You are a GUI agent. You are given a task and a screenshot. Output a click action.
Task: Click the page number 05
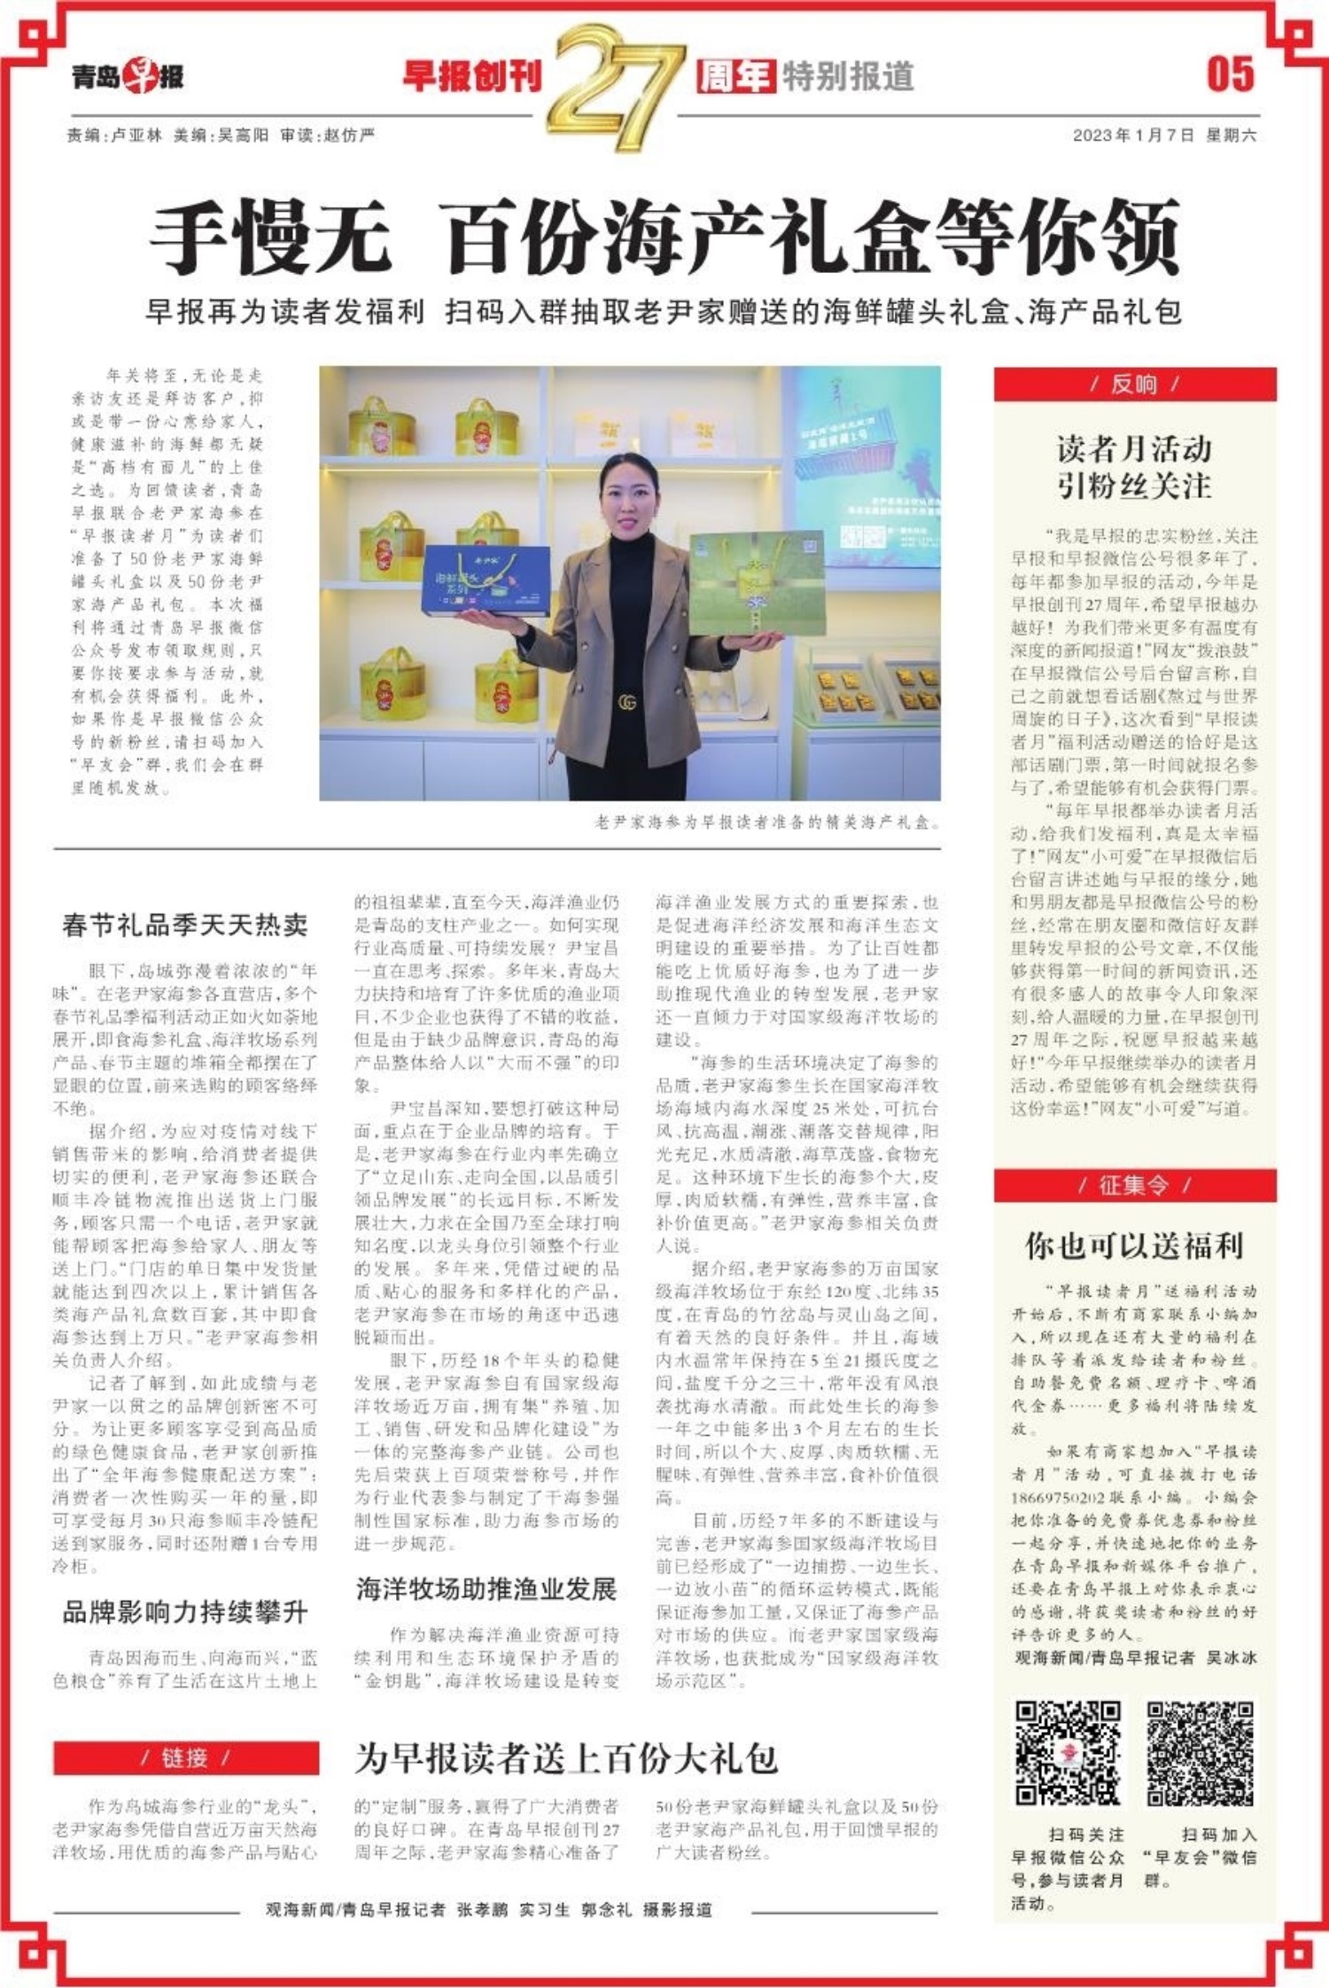tap(1230, 74)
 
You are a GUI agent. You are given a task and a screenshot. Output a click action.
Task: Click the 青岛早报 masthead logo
tap(128, 76)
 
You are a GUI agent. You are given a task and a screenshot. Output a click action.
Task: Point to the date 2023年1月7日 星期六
tap(1163, 135)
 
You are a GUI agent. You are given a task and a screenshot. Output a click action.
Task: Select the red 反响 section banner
tap(1134, 384)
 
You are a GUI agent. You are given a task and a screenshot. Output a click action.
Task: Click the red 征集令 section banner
tap(1134, 1185)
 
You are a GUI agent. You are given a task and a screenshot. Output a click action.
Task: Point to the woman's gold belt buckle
tap(627, 702)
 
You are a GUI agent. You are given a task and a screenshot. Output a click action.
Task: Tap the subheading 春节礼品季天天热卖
tap(185, 925)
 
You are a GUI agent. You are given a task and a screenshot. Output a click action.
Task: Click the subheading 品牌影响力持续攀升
tap(185, 1611)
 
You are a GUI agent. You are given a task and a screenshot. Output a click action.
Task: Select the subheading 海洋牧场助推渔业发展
tap(486, 1589)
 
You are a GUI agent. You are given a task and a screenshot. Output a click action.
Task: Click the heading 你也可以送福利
tap(1134, 1246)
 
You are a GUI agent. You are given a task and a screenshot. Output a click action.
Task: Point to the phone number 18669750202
tap(1057, 1497)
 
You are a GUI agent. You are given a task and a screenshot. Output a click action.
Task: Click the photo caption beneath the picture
tap(766, 822)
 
